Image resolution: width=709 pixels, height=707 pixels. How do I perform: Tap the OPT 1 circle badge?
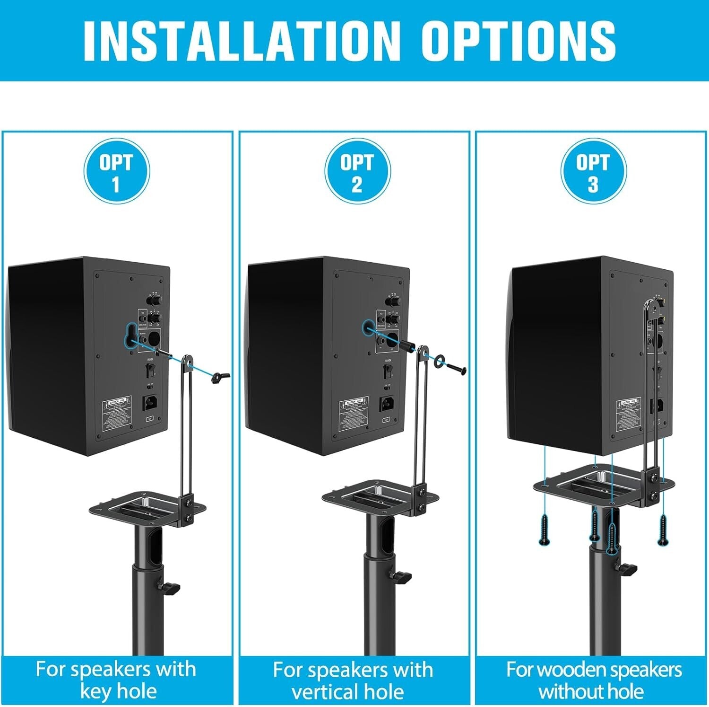point(116,171)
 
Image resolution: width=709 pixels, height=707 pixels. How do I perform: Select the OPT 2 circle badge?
point(357,171)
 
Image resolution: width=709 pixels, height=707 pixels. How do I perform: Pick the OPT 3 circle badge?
point(593,171)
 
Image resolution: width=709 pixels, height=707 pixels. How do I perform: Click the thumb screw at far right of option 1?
point(220,377)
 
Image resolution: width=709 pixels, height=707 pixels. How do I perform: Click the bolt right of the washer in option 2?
point(456,368)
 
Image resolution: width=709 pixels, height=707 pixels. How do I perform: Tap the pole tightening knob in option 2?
point(401,576)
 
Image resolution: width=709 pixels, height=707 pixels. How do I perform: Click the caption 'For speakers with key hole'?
point(116,680)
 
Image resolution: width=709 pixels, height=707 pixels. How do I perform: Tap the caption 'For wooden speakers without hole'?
point(593,680)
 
